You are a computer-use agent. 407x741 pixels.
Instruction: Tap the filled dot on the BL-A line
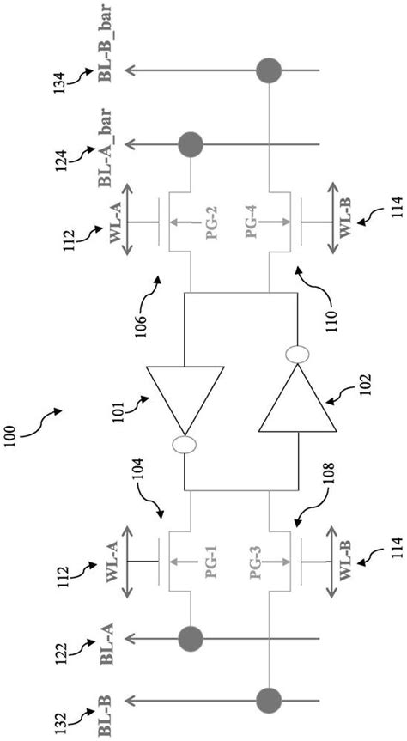[191, 638]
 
